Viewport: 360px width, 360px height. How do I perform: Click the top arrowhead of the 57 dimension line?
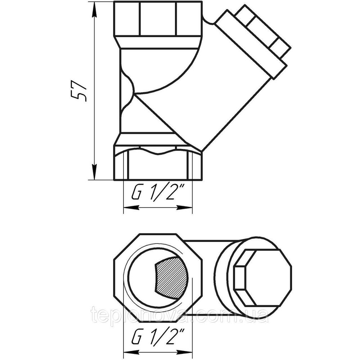(x=94, y=9)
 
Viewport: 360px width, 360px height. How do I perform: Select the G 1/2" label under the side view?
(x=158, y=194)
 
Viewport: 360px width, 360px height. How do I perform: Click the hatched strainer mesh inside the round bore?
(x=171, y=277)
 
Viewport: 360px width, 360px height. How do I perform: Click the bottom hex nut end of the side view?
(x=158, y=166)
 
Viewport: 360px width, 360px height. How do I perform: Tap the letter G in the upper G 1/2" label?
(x=136, y=194)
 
